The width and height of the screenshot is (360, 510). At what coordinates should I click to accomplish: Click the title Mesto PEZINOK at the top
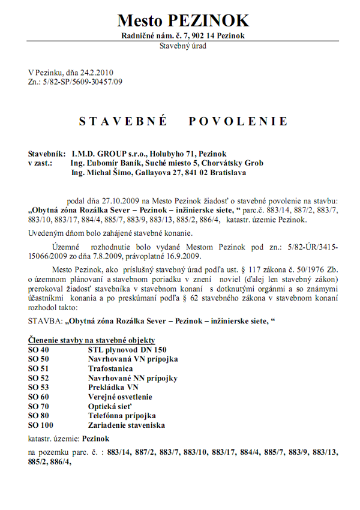[182, 20]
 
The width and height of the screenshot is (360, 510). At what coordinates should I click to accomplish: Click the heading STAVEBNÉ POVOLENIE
[183, 122]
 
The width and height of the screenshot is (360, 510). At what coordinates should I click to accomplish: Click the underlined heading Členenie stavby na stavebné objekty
[99, 340]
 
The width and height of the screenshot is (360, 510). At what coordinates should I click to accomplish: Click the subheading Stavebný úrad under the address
[182, 46]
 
